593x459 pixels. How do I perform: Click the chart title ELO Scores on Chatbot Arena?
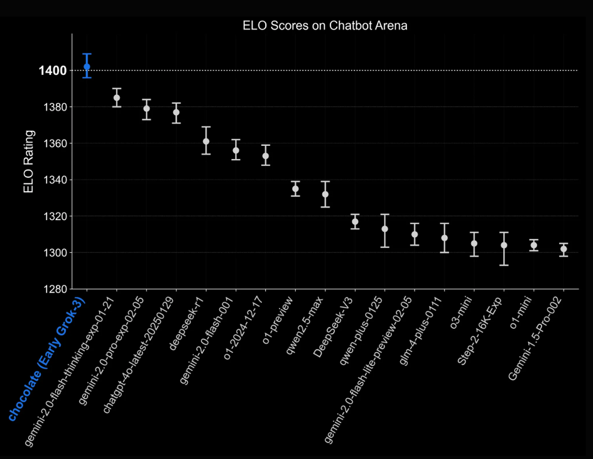(325, 26)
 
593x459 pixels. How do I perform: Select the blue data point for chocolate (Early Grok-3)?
(87, 66)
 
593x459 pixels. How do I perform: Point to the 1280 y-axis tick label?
(55, 289)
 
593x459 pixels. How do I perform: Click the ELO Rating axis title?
(29, 162)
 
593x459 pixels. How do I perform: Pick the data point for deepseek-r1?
(206, 141)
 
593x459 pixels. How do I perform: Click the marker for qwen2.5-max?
(325, 194)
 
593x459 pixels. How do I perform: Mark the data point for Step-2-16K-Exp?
(504, 245)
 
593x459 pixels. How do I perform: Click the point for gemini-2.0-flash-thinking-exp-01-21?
(117, 97)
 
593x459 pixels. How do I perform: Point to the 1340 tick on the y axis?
(55, 180)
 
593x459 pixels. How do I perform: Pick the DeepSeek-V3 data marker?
(355, 221)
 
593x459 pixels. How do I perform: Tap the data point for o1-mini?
(533, 245)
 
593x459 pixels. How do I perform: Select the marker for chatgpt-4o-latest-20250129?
(177, 112)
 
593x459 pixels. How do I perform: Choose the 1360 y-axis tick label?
(55, 143)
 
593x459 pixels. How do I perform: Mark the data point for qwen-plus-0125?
(385, 229)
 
